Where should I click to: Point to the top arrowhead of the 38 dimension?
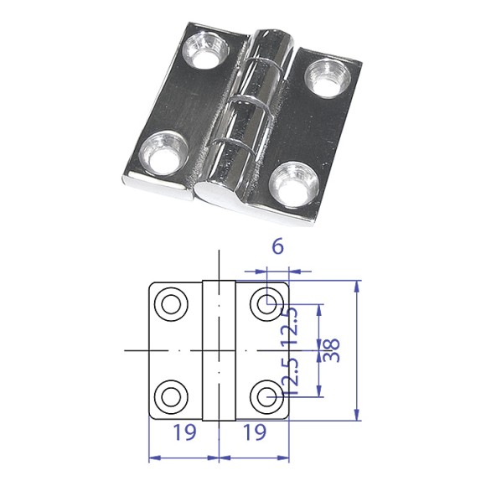pyautogui.click(x=359, y=286)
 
